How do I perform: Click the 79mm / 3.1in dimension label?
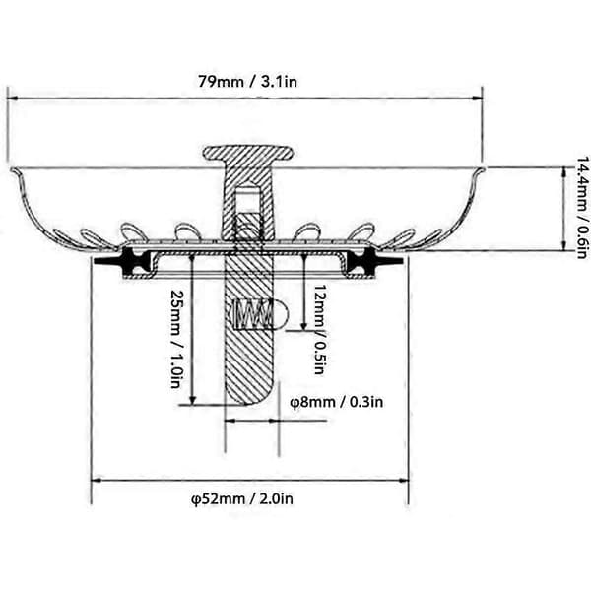(x=247, y=82)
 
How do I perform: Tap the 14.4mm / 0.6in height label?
(x=582, y=207)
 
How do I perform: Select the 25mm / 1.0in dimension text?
(x=176, y=339)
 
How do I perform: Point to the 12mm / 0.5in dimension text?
(x=319, y=329)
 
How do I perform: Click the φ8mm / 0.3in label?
(x=336, y=402)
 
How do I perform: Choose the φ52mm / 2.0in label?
(x=242, y=499)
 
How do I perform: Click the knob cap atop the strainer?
(x=248, y=153)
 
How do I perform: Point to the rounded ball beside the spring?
(x=280, y=314)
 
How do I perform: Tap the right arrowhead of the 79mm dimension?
(x=477, y=98)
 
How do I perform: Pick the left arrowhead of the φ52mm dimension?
(x=97, y=481)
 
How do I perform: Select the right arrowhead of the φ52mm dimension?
(x=404, y=481)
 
